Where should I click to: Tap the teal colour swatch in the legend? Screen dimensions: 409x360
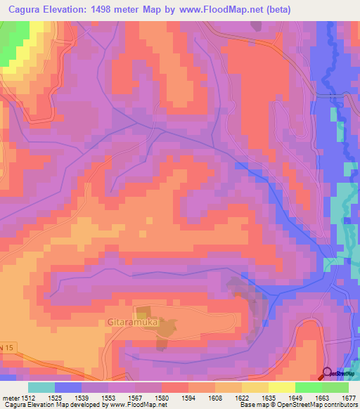(41, 387)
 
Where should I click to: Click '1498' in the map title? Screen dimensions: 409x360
(117, 9)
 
